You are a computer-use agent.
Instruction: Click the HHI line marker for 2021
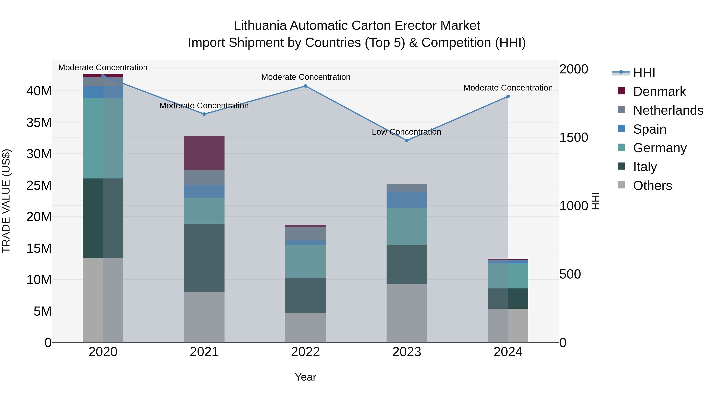click(x=204, y=114)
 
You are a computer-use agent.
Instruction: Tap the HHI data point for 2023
click(x=407, y=140)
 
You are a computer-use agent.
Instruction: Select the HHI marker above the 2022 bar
click(x=305, y=86)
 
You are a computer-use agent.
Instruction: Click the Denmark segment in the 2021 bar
click(x=204, y=153)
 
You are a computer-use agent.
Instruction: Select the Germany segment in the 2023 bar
click(x=407, y=226)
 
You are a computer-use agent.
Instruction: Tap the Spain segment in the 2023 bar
click(x=407, y=200)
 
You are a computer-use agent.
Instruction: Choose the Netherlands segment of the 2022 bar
click(x=305, y=234)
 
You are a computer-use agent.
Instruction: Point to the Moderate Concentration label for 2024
click(x=508, y=88)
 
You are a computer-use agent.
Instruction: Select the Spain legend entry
click(x=649, y=129)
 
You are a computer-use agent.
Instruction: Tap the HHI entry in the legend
click(x=644, y=73)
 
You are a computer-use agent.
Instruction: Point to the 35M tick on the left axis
click(x=39, y=122)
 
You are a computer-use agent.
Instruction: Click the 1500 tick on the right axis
click(x=573, y=137)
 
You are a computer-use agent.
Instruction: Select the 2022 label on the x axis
click(x=305, y=352)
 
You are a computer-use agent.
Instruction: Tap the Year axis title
click(x=305, y=377)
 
